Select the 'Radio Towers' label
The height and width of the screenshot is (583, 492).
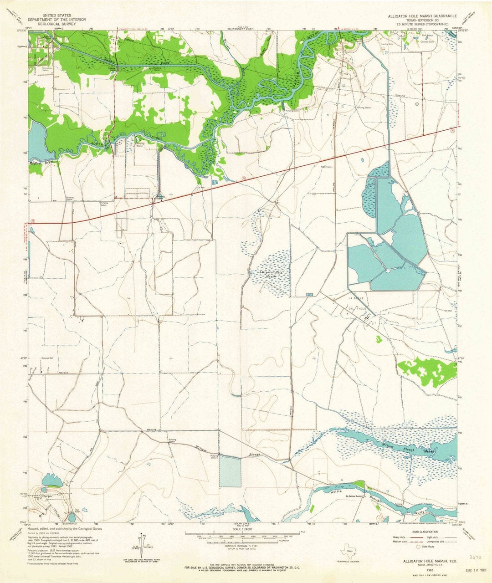click(327, 167)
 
